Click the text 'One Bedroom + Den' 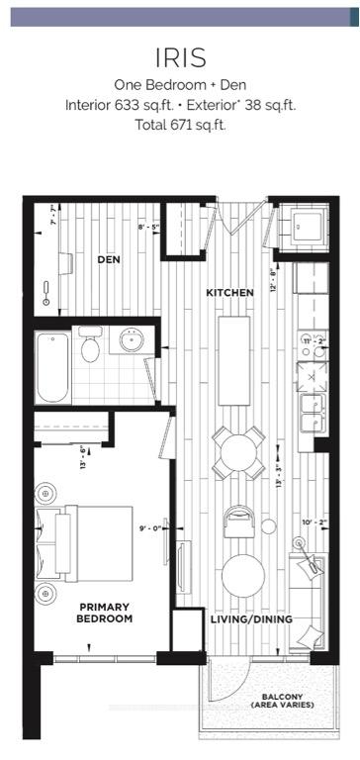coord(179,85)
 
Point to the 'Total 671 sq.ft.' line coord(179,126)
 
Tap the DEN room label coord(108,260)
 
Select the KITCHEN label coord(230,293)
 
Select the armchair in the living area coord(239,521)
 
